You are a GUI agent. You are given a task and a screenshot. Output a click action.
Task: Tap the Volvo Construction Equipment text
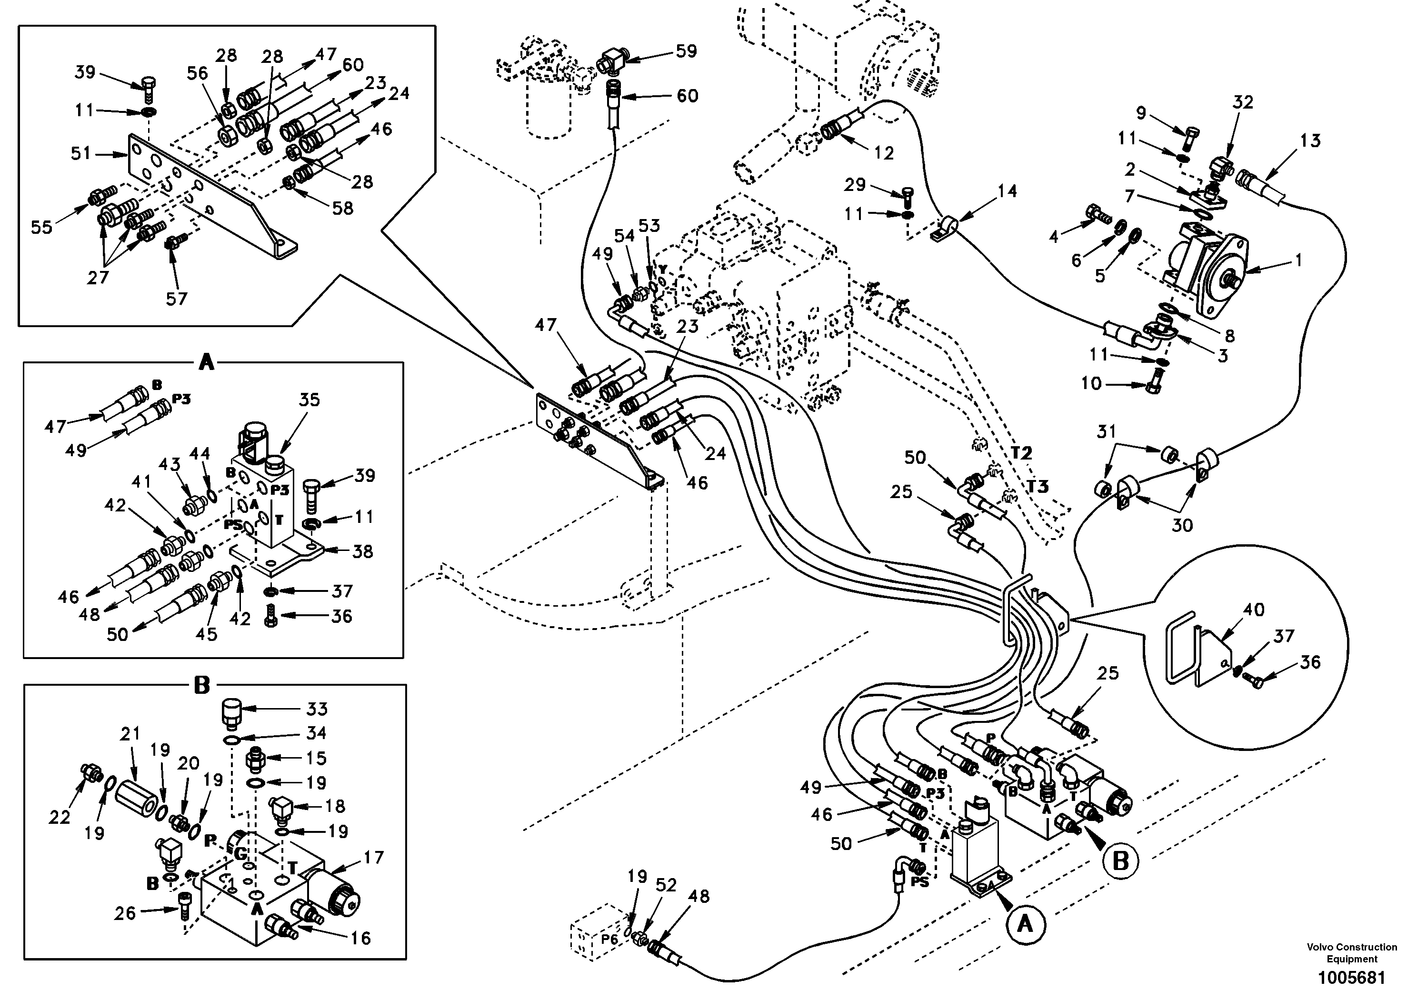tap(1352, 952)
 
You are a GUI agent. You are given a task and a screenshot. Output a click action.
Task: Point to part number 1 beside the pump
tap(1297, 260)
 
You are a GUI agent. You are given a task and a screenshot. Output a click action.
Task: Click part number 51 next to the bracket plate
tap(81, 152)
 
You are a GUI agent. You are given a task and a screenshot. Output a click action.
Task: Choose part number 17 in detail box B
tap(374, 858)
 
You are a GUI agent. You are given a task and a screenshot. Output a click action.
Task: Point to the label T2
tap(1021, 453)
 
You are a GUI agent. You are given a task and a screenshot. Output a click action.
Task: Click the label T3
tap(1038, 486)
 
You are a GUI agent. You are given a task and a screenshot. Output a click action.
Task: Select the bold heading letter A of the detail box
tap(206, 362)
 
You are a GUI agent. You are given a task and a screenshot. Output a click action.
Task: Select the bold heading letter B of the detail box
tap(202, 686)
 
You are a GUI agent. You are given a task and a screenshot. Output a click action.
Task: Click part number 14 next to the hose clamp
tap(1007, 191)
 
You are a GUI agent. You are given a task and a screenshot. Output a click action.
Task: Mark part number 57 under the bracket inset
tap(177, 298)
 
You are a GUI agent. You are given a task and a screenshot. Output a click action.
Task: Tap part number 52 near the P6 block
tap(666, 885)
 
